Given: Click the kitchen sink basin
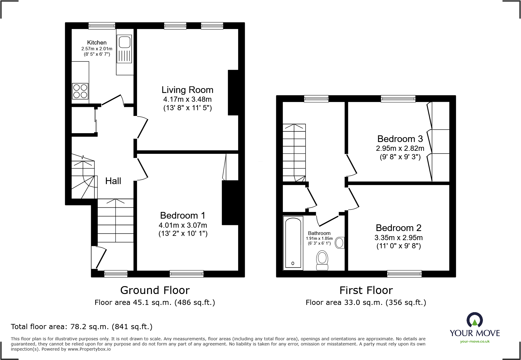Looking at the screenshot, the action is pyautogui.click(x=125, y=42).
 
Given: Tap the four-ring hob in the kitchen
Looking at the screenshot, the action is pyautogui.click(x=80, y=91).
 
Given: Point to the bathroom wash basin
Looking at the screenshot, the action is pyautogui.click(x=340, y=243).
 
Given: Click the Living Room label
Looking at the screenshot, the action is pyautogui.click(x=187, y=90).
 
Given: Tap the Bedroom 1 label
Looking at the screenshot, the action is pyautogui.click(x=183, y=216).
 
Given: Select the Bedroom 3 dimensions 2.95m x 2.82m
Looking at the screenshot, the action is pyautogui.click(x=400, y=148).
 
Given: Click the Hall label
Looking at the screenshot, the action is pyautogui.click(x=113, y=181).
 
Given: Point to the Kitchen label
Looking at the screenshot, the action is pyautogui.click(x=97, y=43).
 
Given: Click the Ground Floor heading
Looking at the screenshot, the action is pyautogui.click(x=155, y=290).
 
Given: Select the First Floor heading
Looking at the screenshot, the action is pyautogui.click(x=366, y=290).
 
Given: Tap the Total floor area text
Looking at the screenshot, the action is pyautogui.click(x=82, y=327).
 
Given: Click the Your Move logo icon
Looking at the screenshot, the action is pyautogui.click(x=475, y=320).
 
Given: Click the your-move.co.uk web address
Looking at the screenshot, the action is pyautogui.click(x=475, y=342).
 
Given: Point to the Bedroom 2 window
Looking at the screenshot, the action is pyautogui.click(x=405, y=274).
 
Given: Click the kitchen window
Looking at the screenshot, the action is pyautogui.click(x=102, y=26).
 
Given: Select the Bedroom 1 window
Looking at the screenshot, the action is pyautogui.click(x=187, y=274).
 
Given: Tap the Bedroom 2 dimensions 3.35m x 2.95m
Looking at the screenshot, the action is pyautogui.click(x=399, y=238).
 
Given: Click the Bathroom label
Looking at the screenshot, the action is pyautogui.click(x=319, y=233).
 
